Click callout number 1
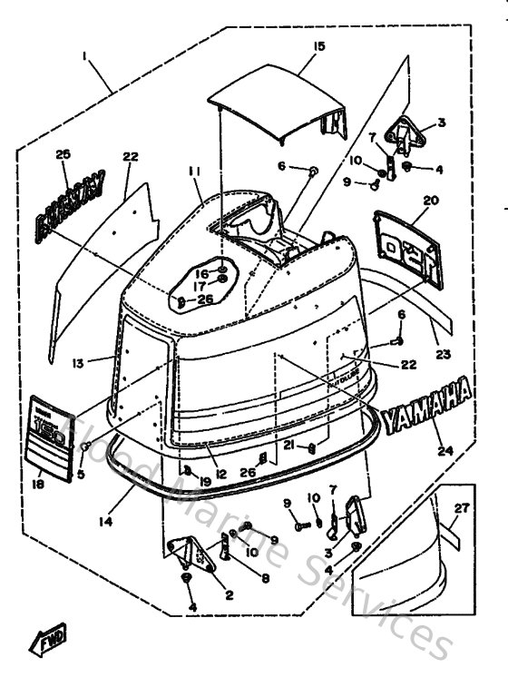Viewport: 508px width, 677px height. pyautogui.click(x=84, y=56)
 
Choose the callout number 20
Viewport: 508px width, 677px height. pyautogui.click(x=430, y=200)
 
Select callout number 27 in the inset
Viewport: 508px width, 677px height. pyautogui.click(x=463, y=508)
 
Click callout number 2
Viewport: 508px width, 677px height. pyautogui.click(x=230, y=595)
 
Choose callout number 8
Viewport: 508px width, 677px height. pyautogui.click(x=264, y=577)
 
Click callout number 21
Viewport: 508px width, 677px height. pyautogui.click(x=289, y=445)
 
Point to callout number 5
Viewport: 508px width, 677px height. pyautogui.click(x=81, y=473)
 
